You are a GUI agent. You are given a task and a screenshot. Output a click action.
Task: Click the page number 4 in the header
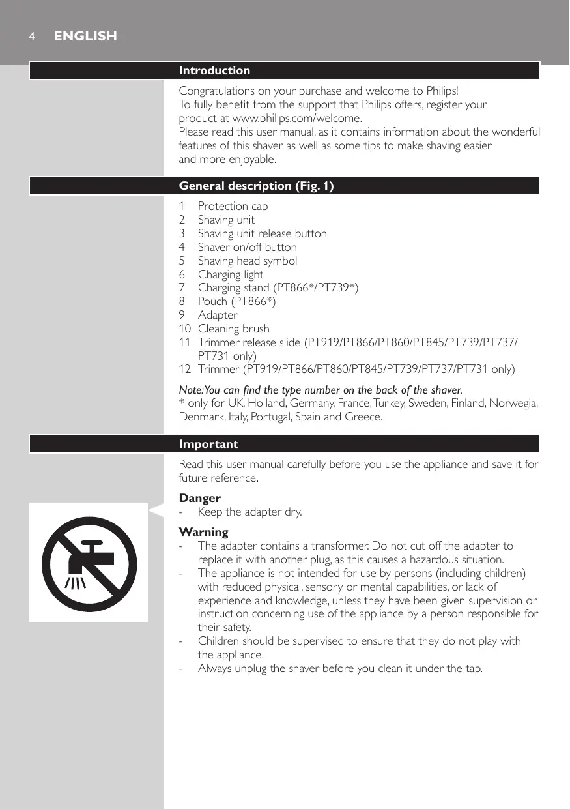pyautogui.click(x=31, y=37)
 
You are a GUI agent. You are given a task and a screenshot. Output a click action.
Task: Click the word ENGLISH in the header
pyautogui.click(x=85, y=37)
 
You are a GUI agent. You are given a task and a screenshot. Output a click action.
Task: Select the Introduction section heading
pyautogui.click(x=214, y=70)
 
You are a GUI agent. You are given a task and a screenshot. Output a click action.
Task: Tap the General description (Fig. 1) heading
pyautogui.click(x=256, y=186)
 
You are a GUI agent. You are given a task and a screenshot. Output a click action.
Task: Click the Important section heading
pyautogui.click(x=208, y=444)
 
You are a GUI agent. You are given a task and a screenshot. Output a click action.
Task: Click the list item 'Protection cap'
pyautogui.click(x=233, y=206)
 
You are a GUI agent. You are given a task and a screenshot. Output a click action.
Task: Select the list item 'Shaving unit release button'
pyautogui.click(x=262, y=233)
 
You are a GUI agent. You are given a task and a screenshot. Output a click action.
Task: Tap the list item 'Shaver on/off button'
pyautogui.click(x=247, y=247)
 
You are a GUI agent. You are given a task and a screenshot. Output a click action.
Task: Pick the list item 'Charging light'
pyautogui.click(x=231, y=274)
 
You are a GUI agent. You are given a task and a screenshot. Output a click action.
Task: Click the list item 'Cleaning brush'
pyautogui.click(x=233, y=329)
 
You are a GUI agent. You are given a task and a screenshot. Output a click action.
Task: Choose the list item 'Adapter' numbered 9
pyautogui.click(x=218, y=315)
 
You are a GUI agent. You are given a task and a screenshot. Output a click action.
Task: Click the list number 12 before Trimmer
pyautogui.click(x=185, y=370)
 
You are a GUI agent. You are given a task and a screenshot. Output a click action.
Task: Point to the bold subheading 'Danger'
pyautogui.click(x=200, y=498)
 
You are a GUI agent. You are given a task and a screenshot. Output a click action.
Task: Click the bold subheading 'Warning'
pyautogui.click(x=204, y=532)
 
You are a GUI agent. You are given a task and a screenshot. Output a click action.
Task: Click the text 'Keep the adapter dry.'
pyautogui.click(x=249, y=512)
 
